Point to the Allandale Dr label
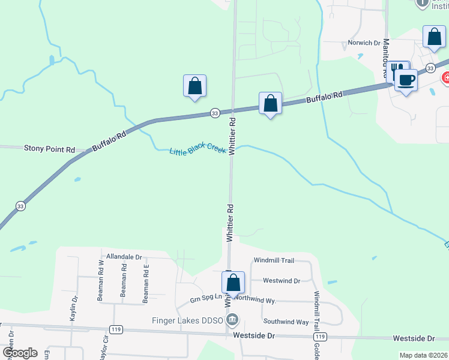(x=124, y=257)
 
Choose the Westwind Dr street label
(x=282, y=280)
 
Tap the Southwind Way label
(x=286, y=322)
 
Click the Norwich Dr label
(x=364, y=43)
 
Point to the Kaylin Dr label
(x=74, y=307)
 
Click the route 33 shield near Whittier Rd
(x=214, y=113)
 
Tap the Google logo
(x=19, y=353)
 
